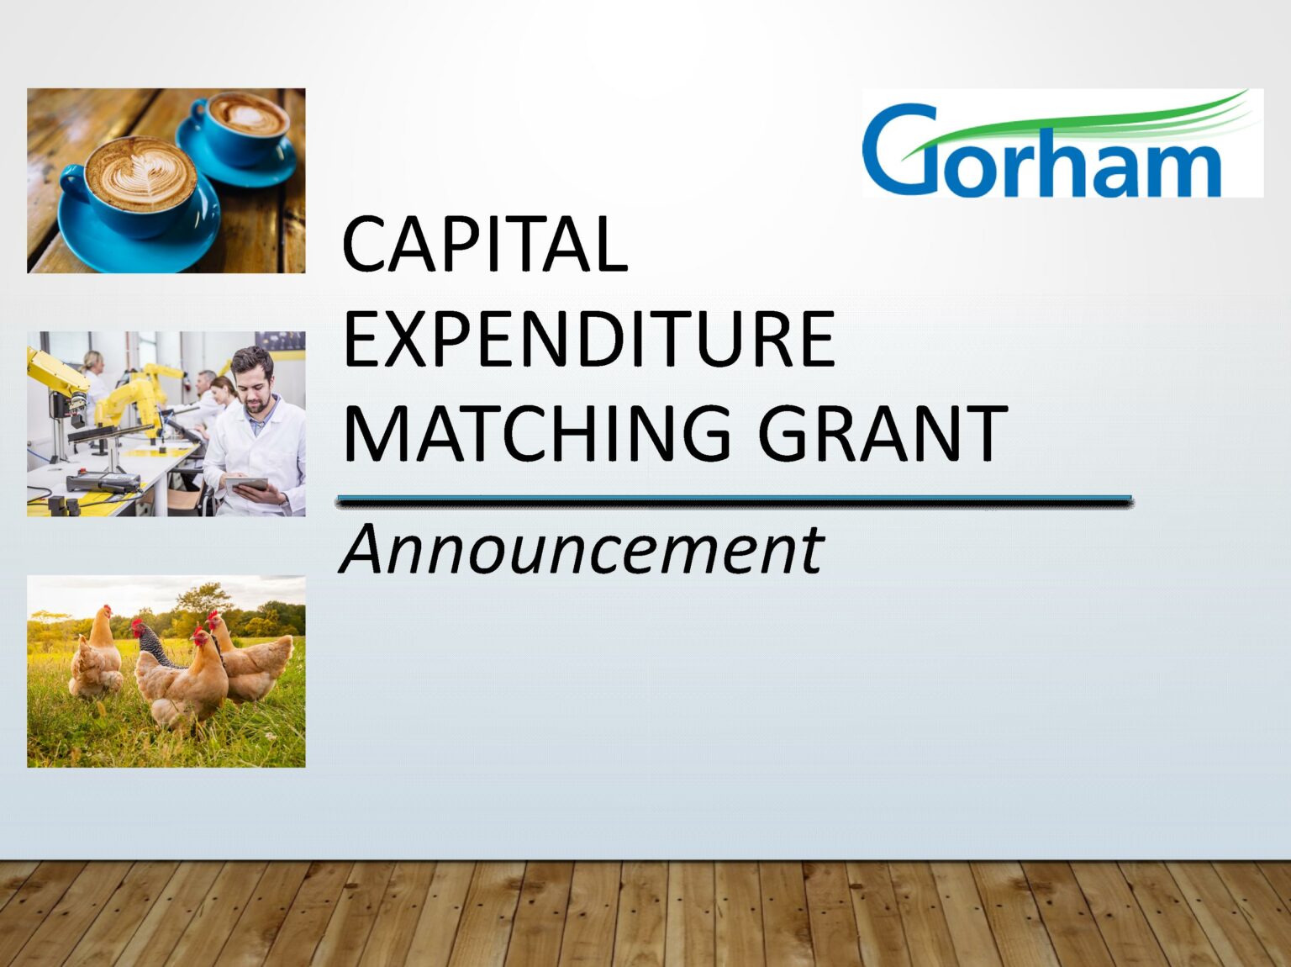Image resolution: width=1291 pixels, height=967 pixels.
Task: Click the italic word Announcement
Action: (x=582, y=550)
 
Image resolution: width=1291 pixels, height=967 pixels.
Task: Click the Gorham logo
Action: (x=1062, y=143)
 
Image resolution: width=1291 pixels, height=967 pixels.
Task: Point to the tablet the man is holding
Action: (x=245, y=484)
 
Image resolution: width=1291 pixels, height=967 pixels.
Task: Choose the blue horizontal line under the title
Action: (x=734, y=501)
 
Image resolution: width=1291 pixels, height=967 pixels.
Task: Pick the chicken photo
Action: (x=166, y=671)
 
